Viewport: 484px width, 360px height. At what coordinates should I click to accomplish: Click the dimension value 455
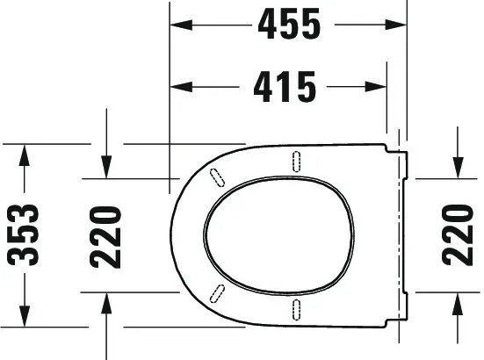[287, 26]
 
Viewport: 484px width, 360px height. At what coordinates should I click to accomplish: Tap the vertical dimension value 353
[24, 234]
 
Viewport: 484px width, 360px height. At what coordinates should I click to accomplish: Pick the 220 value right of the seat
[457, 234]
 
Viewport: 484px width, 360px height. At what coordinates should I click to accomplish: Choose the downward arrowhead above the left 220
[105, 168]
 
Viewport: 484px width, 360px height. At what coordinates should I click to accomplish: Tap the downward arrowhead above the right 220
[457, 168]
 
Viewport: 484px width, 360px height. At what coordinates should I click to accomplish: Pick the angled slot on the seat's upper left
[216, 176]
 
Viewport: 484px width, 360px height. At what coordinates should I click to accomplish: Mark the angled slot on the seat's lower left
[216, 293]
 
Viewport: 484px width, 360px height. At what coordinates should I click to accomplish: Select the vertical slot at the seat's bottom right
[296, 308]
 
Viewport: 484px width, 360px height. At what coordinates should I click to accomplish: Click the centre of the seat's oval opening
[277, 234]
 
